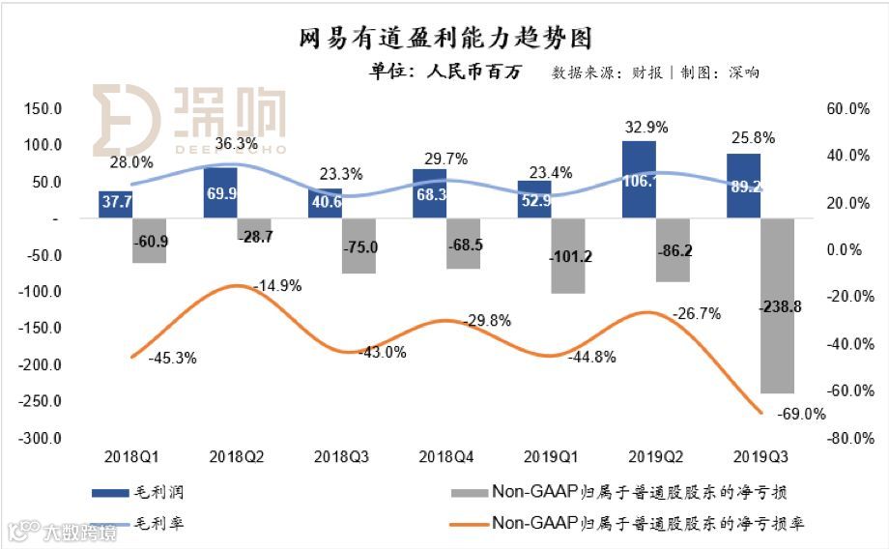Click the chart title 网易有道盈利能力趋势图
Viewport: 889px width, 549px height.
pyautogui.click(x=444, y=38)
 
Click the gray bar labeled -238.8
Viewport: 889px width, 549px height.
pyautogui.click(x=777, y=305)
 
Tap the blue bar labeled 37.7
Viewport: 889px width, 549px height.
pyautogui.click(x=116, y=204)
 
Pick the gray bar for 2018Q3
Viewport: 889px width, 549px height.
pyautogui.click(x=359, y=246)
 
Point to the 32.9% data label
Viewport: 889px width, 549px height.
pyautogui.click(x=646, y=127)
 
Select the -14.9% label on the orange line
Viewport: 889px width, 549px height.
pyautogui.click(x=277, y=285)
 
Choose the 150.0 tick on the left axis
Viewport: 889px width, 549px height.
pyautogui.click(x=44, y=108)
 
